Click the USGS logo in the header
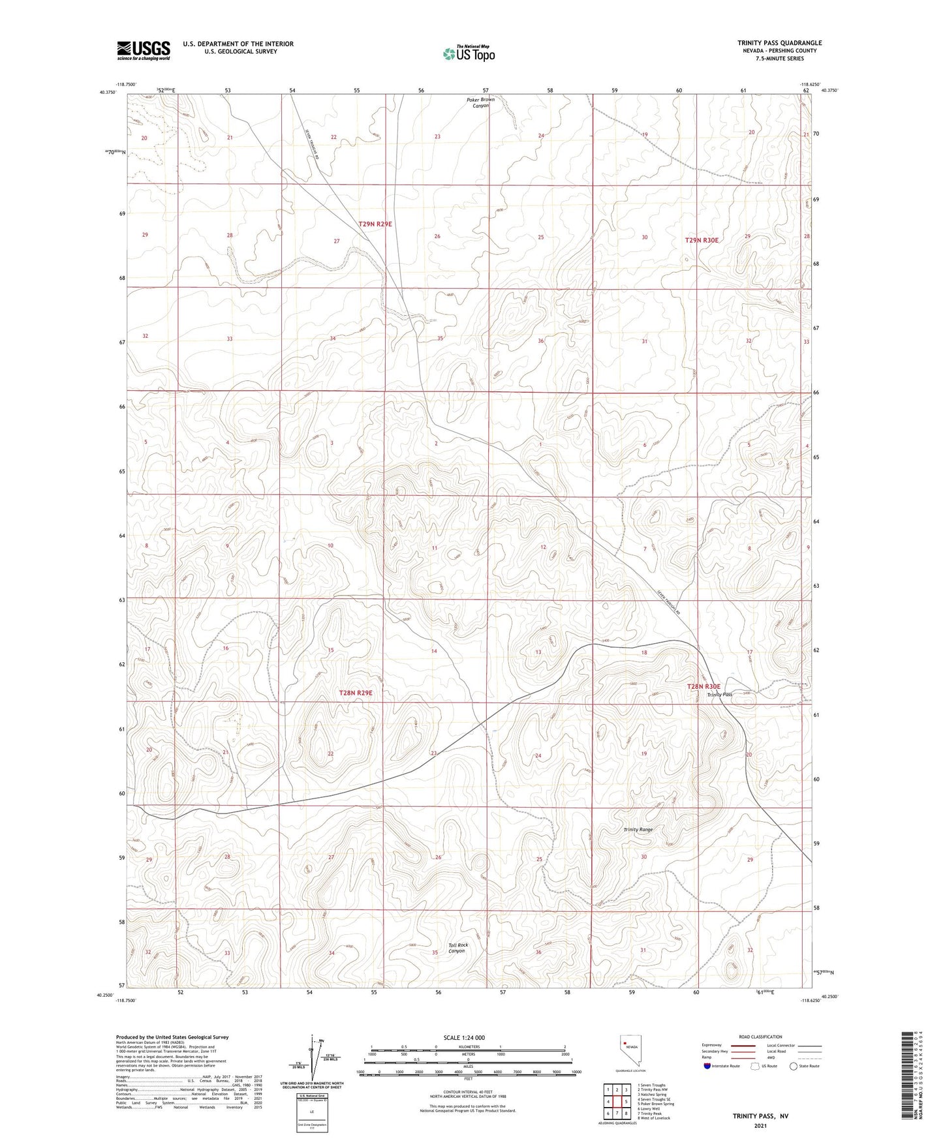pyautogui.click(x=144, y=50)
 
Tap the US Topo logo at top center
pyautogui.click(x=467, y=53)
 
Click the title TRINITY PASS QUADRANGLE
pyautogui.click(x=779, y=43)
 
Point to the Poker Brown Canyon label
pyautogui.click(x=480, y=102)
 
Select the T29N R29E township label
pyautogui.click(x=375, y=224)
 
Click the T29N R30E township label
pyautogui.click(x=702, y=240)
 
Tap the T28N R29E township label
pyautogui.click(x=356, y=693)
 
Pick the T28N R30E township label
pyautogui.click(x=703, y=686)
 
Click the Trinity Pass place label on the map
pyautogui.click(x=720, y=695)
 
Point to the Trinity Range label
pyautogui.click(x=638, y=830)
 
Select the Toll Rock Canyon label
pyautogui.click(x=457, y=948)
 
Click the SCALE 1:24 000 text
pyautogui.click(x=464, y=1037)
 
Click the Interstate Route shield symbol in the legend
pyautogui.click(x=708, y=1066)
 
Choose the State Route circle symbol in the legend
pyautogui.click(x=794, y=1066)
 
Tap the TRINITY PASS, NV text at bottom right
pyautogui.click(x=760, y=1116)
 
